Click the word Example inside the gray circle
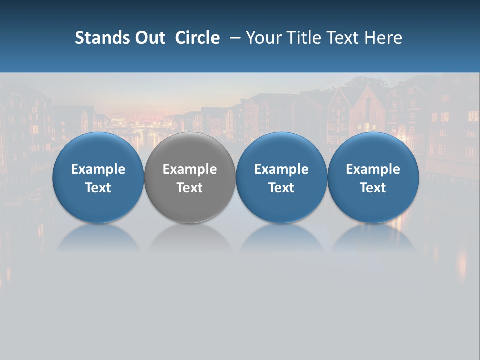(190, 169)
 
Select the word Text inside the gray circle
(190, 188)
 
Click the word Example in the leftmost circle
(98, 169)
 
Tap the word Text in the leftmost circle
(98, 188)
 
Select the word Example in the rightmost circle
(373, 169)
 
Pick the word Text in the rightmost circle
(373, 188)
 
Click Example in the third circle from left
(281, 169)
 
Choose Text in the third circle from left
(281, 188)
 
